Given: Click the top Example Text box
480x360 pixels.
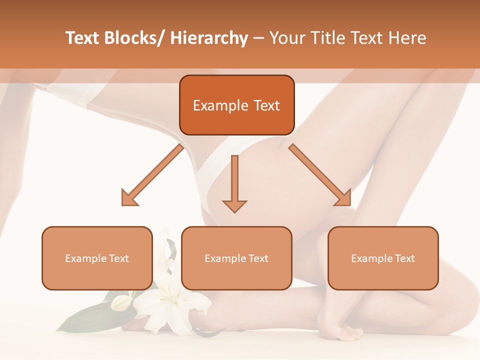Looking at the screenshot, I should (236, 105).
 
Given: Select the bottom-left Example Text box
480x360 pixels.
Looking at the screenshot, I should (97, 258).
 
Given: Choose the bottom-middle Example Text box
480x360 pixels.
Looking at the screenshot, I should (236, 258).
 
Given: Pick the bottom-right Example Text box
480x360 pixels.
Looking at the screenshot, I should (383, 258).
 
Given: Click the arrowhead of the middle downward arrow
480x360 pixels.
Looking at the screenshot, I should (234, 205).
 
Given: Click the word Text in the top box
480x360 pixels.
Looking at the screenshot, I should (266, 105).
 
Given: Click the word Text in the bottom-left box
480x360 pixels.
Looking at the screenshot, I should (118, 258).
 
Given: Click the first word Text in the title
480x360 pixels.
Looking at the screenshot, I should (84, 38).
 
